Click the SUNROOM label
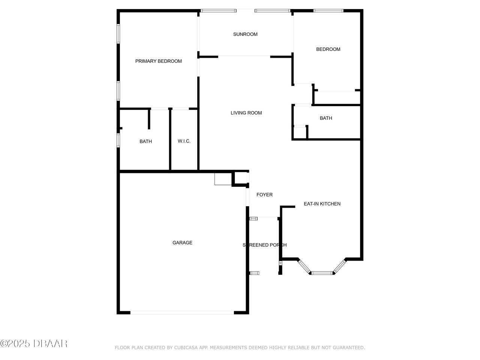click(245, 34)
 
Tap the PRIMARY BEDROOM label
click(158, 61)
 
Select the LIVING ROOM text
click(246, 113)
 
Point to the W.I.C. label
click(184, 141)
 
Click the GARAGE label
click(182, 243)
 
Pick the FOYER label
click(264, 195)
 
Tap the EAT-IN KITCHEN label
click(322, 204)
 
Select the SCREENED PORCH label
click(264, 245)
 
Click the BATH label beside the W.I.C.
click(145, 141)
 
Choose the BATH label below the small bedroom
click(325, 118)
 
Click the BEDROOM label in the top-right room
click(328, 49)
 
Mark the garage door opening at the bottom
click(182, 312)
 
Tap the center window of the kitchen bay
click(322, 273)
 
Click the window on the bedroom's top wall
click(328, 10)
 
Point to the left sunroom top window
click(219, 10)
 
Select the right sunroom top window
click(273, 10)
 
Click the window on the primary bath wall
click(118, 139)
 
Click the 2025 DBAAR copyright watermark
click(34, 343)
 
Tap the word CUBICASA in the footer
click(187, 348)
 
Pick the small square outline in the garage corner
click(223, 179)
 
